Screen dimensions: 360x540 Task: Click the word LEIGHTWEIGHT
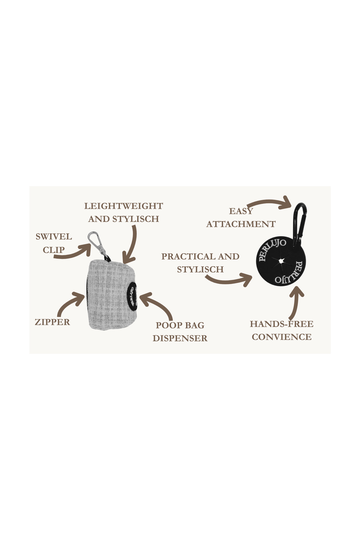[x=124, y=206]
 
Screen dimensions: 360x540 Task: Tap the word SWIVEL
[x=54, y=237]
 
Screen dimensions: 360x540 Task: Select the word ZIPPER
[x=52, y=322]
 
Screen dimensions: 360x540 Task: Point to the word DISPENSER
[x=180, y=338]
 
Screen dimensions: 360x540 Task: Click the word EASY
[x=241, y=211]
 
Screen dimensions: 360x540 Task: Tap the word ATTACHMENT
[x=241, y=224]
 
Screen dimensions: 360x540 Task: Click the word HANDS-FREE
[x=282, y=324]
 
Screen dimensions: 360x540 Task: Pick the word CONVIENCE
[x=282, y=337]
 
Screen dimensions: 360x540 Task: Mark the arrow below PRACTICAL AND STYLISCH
[x=230, y=281]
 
